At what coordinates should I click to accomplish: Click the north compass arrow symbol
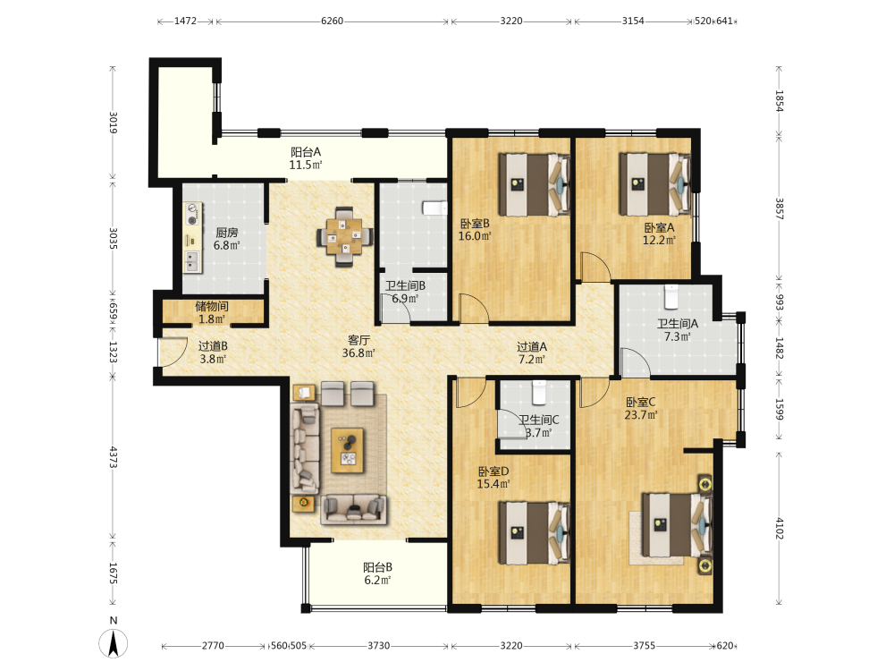[x=114, y=643]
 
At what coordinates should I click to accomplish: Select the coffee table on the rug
[x=348, y=450]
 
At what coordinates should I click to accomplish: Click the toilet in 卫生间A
[x=671, y=296]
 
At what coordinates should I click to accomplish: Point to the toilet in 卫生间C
[x=539, y=392]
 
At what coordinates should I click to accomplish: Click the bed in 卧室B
[x=535, y=184]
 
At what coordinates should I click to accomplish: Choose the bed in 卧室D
[x=535, y=533]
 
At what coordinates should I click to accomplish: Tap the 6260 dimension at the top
[x=332, y=21]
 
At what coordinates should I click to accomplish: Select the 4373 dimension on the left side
[x=113, y=457]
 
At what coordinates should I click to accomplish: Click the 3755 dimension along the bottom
[x=644, y=645]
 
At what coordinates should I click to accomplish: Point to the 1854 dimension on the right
[x=779, y=100]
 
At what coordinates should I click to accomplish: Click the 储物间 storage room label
[x=212, y=306]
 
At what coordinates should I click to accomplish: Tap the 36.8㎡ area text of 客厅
[x=358, y=353]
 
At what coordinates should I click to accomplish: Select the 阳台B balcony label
[x=377, y=567]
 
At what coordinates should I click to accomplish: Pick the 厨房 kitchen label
[x=226, y=233]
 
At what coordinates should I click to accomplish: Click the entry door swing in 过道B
[x=173, y=352]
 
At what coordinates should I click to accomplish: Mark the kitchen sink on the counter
[x=192, y=261]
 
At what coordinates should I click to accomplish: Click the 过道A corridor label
[x=532, y=346]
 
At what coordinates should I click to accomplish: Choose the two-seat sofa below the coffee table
[x=353, y=509]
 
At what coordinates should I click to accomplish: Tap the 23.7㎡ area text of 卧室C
[x=641, y=415]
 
